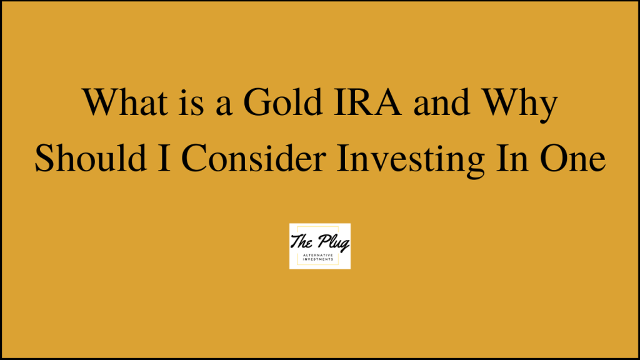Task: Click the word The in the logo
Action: click(303, 239)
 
